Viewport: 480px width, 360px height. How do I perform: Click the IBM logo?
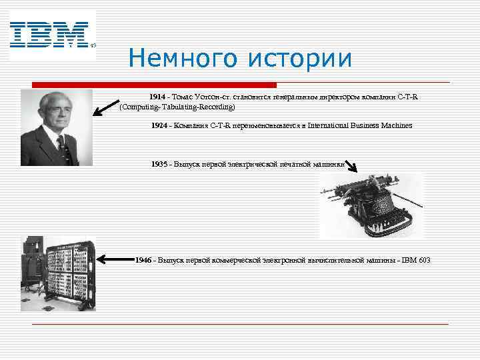[x=49, y=35]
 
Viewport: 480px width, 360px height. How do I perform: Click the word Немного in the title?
[x=184, y=59]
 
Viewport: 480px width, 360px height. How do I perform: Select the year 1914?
[x=159, y=97]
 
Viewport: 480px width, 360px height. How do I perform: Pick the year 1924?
[x=159, y=125]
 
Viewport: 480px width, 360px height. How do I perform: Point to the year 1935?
[x=159, y=164]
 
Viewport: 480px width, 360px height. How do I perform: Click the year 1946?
[x=143, y=259]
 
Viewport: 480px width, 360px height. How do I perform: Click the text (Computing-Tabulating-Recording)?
[x=177, y=107]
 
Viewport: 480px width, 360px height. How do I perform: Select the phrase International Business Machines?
[x=359, y=125]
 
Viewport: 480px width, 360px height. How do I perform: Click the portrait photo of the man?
[x=57, y=127]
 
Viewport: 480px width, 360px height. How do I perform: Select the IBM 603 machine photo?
[x=58, y=273]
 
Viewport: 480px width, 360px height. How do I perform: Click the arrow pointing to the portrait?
[x=106, y=105]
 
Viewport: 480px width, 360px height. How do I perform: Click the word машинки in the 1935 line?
[x=328, y=164]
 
